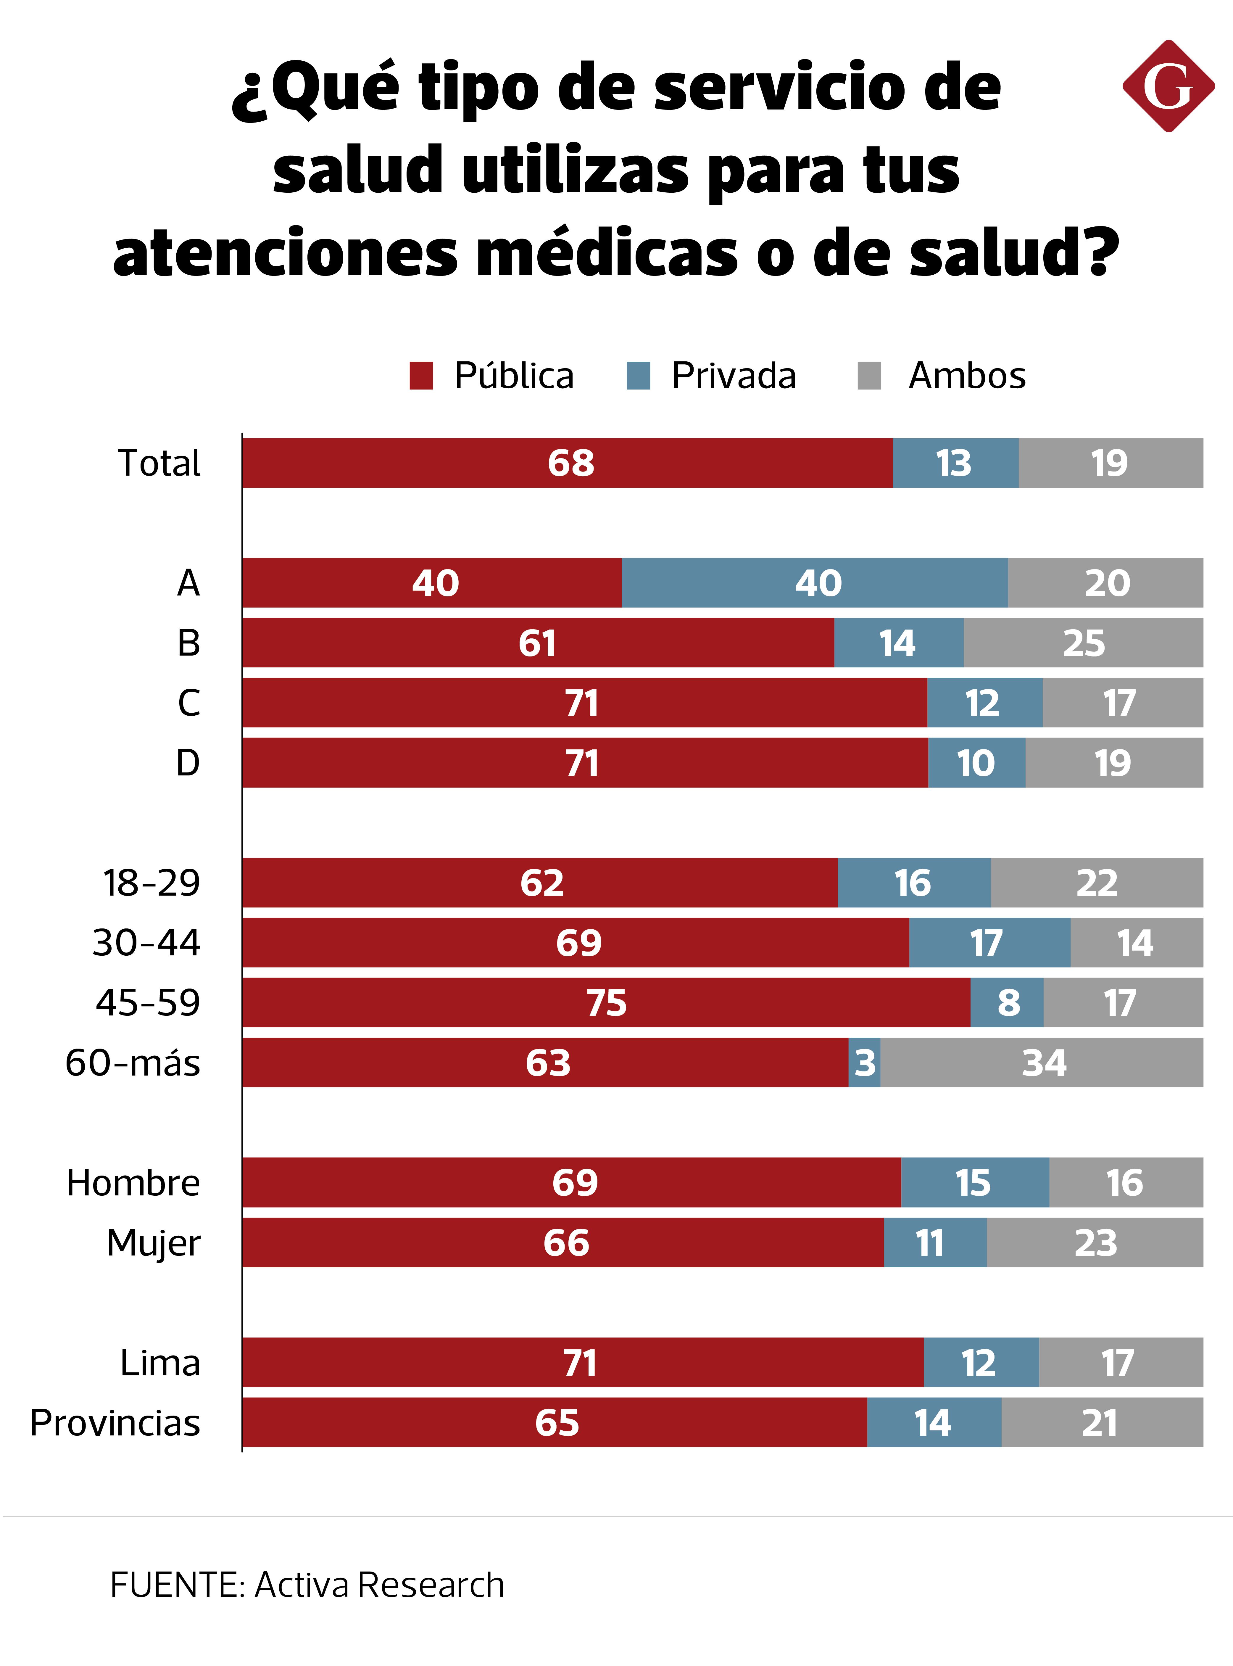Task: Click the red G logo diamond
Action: (x=1168, y=87)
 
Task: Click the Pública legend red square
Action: (x=421, y=376)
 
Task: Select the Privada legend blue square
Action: (x=638, y=376)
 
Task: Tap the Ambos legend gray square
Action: (x=870, y=376)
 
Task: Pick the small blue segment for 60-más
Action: (x=864, y=1063)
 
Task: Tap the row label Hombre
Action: (x=133, y=1183)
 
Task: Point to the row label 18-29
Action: (x=151, y=883)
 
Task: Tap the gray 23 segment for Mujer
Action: (x=1095, y=1243)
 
